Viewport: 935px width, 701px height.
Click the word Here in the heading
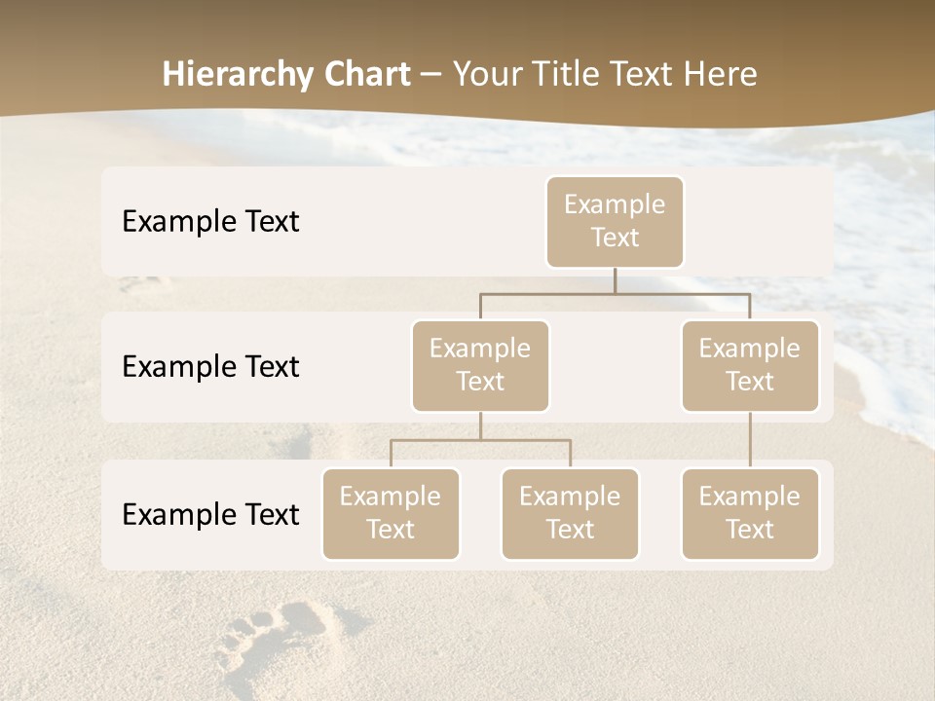[x=721, y=74]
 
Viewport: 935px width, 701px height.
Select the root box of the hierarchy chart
[x=615, y=222]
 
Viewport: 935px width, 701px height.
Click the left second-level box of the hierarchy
[x=480, y=366]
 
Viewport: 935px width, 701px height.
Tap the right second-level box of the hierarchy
[x=750, y=366]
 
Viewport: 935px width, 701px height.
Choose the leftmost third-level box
[x=391, y=514]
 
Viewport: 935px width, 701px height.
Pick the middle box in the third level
[x=570, y=514]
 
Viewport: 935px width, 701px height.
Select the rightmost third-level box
[x=750, y=514]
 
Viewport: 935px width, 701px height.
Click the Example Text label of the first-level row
[x=210, y=222]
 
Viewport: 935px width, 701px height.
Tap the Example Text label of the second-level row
[x=210, y=367]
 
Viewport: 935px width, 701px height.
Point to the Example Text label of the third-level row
[x=210, y=515]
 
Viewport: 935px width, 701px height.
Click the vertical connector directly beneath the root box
[x=615, y=280]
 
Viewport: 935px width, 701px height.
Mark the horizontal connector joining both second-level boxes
[x=615, y=293]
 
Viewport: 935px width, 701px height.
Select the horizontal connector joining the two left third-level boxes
[x=480, y=440]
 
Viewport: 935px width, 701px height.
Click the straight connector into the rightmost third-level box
[x=750, y=440]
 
